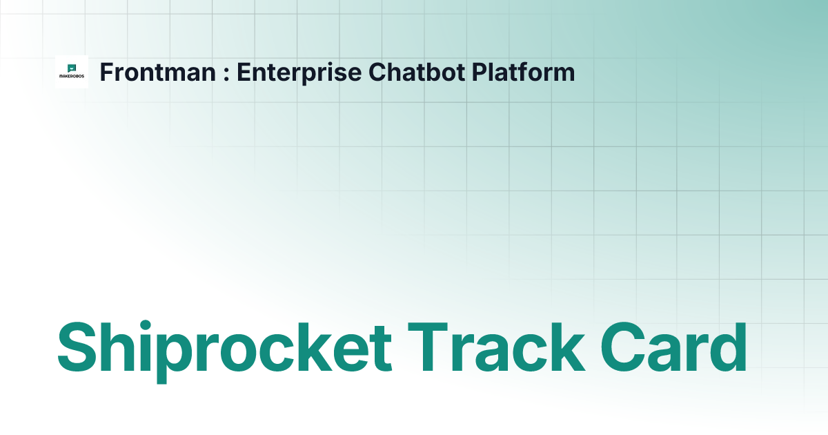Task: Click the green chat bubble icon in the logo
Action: [x=72, y=68]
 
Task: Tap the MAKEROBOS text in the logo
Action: [x=72, y=77]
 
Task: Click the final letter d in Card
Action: [x=728, y=347]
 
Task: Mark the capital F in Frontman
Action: [x=106, y=72]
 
